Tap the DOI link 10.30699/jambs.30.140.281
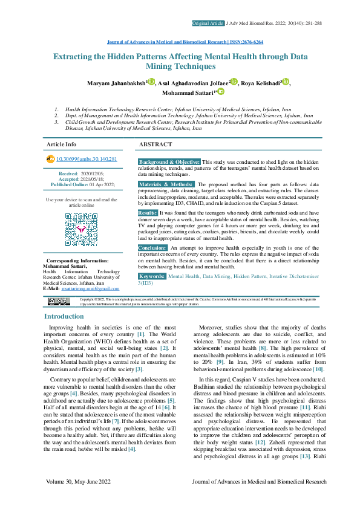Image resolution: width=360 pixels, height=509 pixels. click(86, 159)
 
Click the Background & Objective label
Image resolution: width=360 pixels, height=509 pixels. click(169, 163)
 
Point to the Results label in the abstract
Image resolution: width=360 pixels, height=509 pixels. click(148, 213)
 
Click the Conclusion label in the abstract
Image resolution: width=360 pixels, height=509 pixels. click(152, 248)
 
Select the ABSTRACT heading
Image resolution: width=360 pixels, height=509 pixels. click(155, 145)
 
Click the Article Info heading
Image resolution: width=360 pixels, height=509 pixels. click(62, 145)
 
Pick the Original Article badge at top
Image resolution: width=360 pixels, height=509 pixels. click(207, 23)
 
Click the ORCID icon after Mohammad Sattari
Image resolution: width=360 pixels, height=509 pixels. click(221, 92)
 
